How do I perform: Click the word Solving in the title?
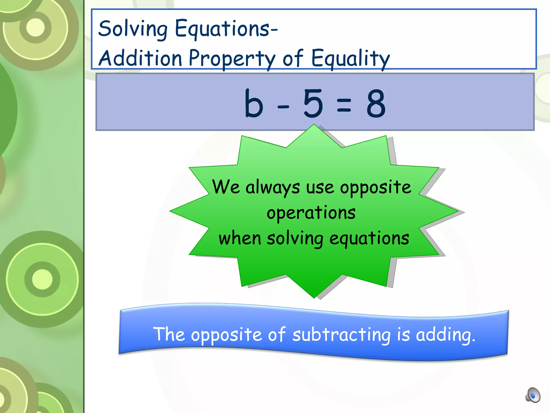point(133,29)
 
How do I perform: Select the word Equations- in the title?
point(226,29)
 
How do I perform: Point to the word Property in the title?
point(232,59)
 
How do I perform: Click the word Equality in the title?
point(350,59)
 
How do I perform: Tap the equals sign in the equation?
point(344,105)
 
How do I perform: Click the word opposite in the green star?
point(375,188)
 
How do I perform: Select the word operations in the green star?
point(311,213)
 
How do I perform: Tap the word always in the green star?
point(272,188)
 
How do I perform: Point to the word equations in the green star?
point(369,239)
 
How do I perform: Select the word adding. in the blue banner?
point(446,335)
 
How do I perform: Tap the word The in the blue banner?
point(169,334)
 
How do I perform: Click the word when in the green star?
point(240,238)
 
